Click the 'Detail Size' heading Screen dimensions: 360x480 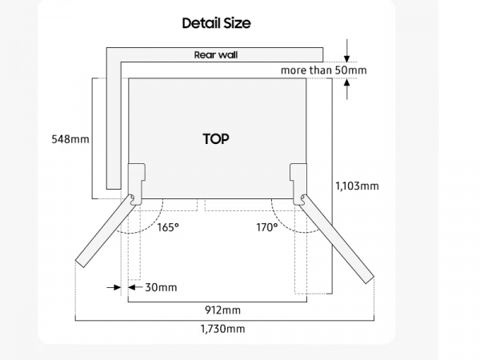pyautogui.click(x=216, y=23)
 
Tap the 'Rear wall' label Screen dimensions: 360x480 pyautogui.click(x=216, y=55)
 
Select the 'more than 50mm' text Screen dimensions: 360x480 pyautogui.click(x=323, y=70)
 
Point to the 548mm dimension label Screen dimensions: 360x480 pyautogui.click(x=70, y=139)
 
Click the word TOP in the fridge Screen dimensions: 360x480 pyautogui.click(x=216, y=138)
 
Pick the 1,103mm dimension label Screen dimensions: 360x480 pyautogui.click(x=357, y=186)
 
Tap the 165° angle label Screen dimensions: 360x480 pyautogui.click(x=168, y=227)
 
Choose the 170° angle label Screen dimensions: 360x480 pyautogui.click(x=267, y=227)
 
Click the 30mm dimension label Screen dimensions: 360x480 pyautogui.click(x=161, y=287)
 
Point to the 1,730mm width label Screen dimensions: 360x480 pyautogui.click(x=223, y=329)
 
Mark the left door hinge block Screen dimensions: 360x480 pyautogui.click(x=136, y=178)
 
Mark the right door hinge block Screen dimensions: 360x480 pyautogui.click(x=298, y=178)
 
